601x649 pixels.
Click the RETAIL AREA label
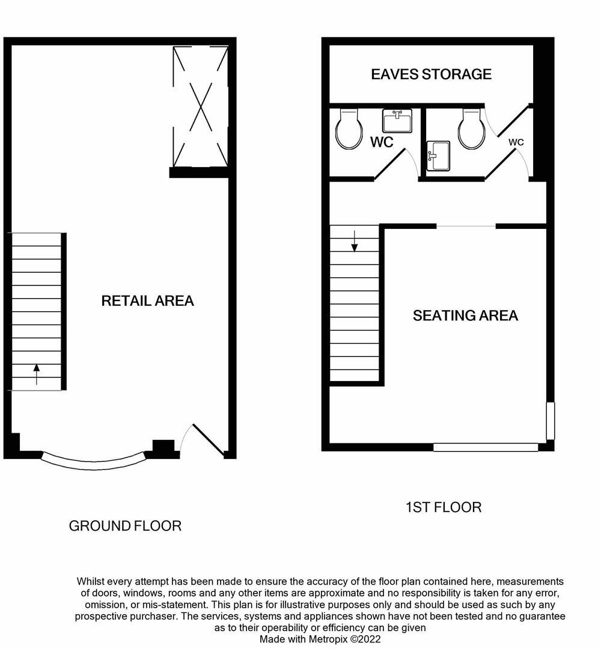point(147,300)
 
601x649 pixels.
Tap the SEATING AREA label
point(465,315)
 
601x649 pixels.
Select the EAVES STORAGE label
point(431,74)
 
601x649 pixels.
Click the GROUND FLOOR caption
point(125,526)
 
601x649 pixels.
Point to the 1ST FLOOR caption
point(443,507)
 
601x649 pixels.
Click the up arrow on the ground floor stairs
point(36,374)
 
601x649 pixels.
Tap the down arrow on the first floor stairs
point(355,242)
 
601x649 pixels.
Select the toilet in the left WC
point(349,129)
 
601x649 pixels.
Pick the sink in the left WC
point(397,121)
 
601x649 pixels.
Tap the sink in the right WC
point(438,156)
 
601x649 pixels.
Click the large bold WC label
point(382,142)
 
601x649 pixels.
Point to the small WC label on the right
point(516,142)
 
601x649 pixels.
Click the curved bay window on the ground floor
point(93,462)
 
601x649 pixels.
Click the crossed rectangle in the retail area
point(200,106)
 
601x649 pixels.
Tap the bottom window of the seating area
point(486,447)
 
